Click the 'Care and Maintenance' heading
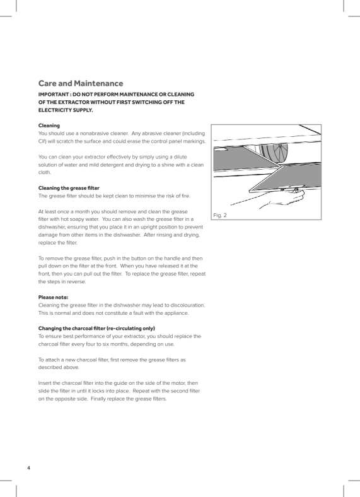81,83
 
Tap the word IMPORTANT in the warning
53,95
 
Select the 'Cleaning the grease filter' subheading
69,188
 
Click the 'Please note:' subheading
53,297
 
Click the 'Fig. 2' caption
220,215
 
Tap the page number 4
28,468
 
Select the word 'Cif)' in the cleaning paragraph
42,141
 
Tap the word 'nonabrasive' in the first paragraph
93,134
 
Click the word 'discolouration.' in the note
188,305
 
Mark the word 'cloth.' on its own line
45,172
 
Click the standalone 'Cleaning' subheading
49,126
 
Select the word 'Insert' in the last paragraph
45,383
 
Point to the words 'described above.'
59,368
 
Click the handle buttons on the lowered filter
288,190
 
